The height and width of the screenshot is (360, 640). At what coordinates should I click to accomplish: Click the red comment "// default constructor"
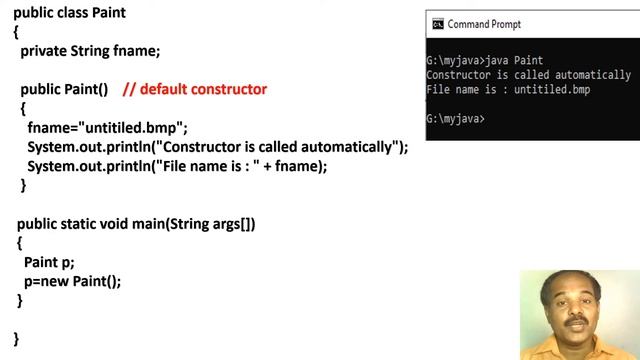pos(195,90)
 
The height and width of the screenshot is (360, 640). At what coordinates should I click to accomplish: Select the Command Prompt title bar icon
pos(437,24)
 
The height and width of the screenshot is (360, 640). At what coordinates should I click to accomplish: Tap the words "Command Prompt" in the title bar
pos(484,24)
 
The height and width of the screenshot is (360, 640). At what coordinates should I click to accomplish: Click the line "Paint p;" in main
pos(49,262)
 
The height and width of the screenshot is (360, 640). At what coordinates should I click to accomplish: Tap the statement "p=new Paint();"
pos(72,281)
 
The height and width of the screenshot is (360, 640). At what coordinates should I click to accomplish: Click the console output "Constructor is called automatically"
pos(528,75)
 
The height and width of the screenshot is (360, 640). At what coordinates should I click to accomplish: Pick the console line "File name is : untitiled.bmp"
pos(508,90)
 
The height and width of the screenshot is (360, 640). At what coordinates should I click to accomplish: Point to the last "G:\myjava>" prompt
pos(455,119)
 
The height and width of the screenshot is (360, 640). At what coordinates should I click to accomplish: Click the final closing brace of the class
pos(16,338)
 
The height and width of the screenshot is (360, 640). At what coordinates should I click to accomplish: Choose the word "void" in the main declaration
pos(125,224)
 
